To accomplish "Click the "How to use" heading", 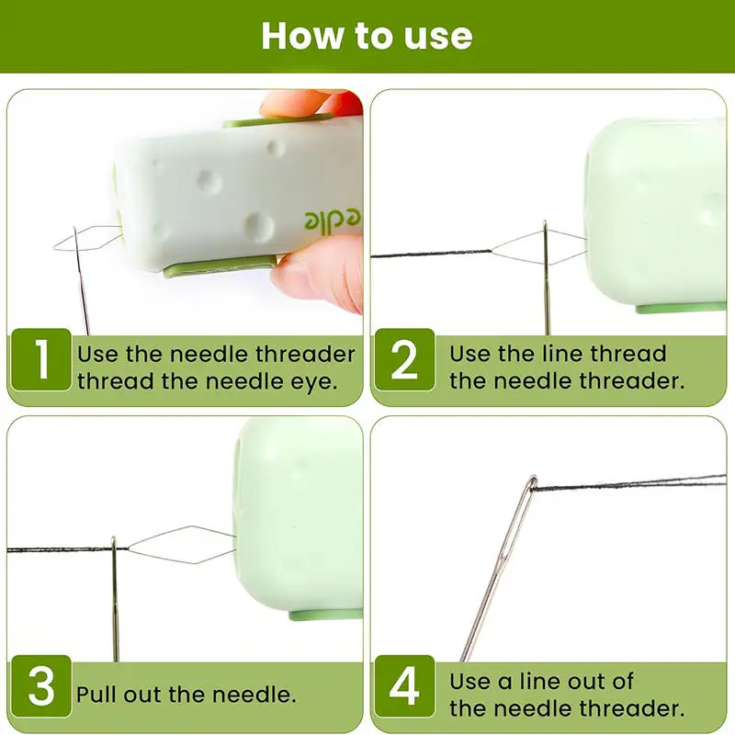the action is pos(367,36).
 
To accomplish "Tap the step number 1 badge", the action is pos(41,359).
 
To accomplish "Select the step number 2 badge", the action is pos(404,359).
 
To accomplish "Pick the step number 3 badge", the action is pos(41,686).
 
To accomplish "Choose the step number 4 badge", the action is pos(404,686).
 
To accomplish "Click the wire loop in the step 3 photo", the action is pos(182,545).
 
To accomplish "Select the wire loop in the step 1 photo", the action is pos(87,239).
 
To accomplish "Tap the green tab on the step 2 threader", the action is pos(681,308).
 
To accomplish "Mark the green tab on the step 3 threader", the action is pos(325,615).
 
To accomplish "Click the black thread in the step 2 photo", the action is pos(431,254).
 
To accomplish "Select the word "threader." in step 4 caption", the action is pos(632,708).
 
